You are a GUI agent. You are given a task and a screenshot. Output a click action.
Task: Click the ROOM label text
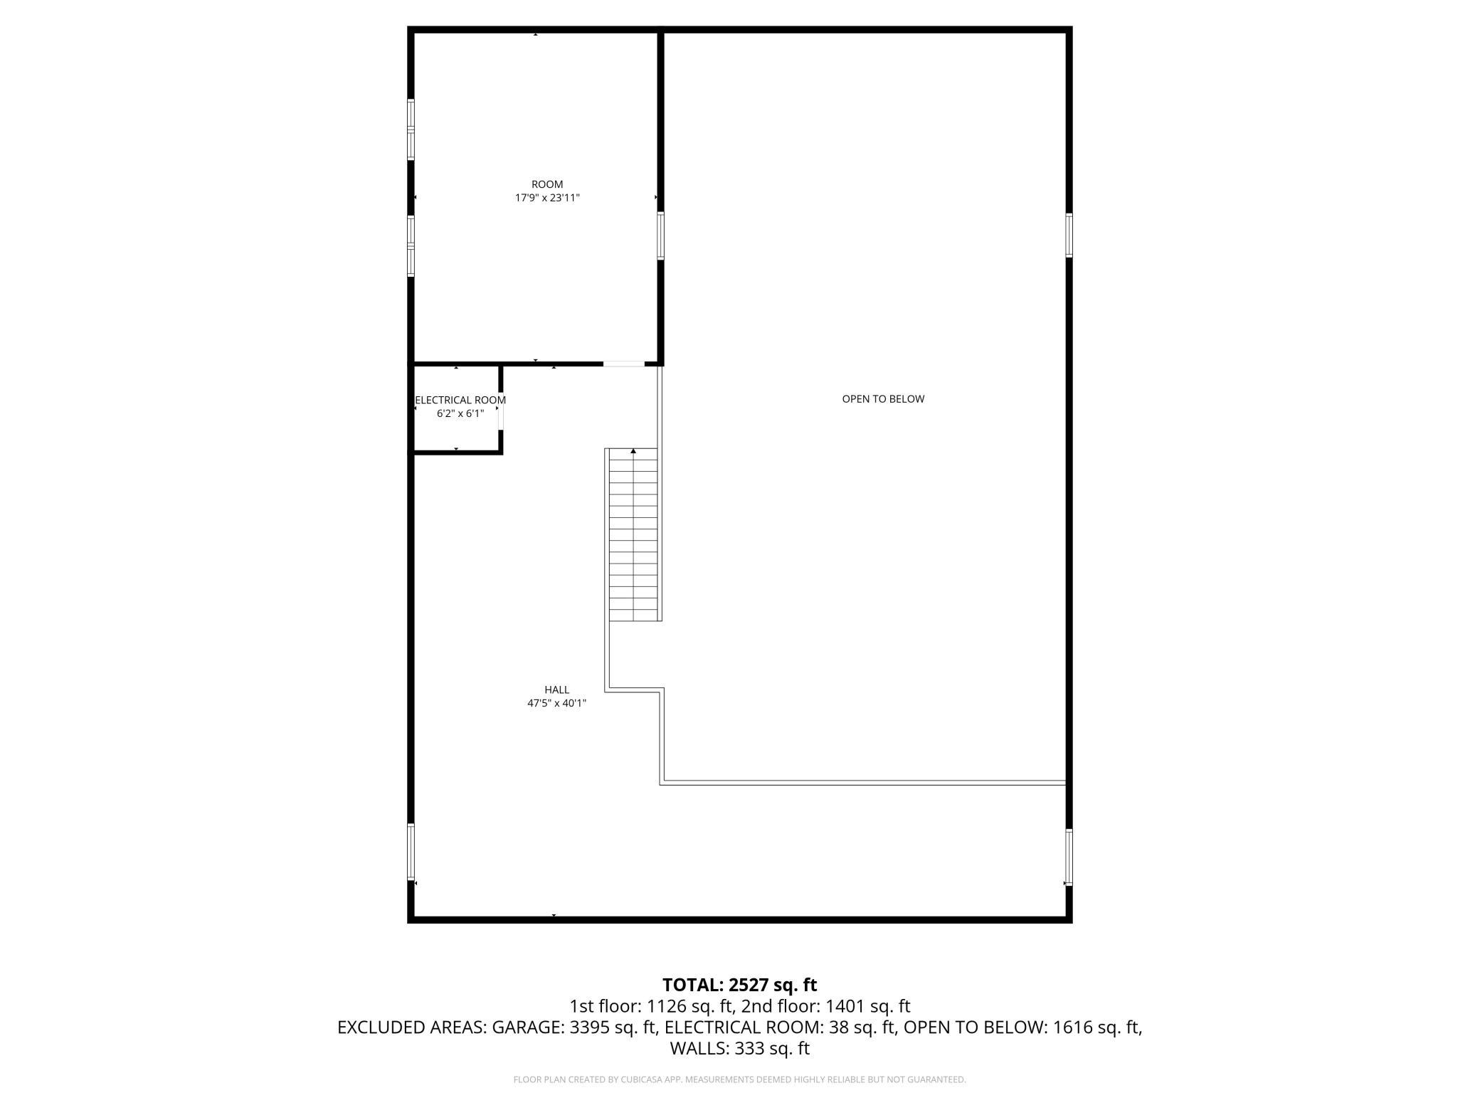tap(547, 184)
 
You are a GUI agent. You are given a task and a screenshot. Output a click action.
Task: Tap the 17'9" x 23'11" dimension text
tap(547, 198)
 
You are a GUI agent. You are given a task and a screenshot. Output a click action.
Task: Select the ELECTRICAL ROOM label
tap(460, 400)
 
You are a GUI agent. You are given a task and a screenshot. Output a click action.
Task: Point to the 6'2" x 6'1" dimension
tap(460, 413)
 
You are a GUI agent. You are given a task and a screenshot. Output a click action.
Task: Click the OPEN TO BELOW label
tap(883, 399)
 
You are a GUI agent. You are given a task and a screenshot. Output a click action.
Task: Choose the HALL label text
tap(556, 689)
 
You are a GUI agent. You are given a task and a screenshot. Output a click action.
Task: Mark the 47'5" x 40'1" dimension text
tap(556, 703)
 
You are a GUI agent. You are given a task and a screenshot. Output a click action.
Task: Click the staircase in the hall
tap(633, 535)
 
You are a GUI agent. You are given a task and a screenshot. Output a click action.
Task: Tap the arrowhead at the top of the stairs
tap(633, 451)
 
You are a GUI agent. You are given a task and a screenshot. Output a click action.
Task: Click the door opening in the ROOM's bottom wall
tap(624, 364)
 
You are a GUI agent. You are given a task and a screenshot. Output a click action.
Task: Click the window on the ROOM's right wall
tap(660, 236)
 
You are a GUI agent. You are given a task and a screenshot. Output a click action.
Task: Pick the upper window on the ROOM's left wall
tap(411, 129)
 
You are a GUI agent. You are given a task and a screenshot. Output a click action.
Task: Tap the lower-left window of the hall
tap(411, 852)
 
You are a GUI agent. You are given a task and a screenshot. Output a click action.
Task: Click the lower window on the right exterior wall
tap(1069, 857)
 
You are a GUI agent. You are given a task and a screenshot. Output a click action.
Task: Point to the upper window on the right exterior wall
tap(1069, 235)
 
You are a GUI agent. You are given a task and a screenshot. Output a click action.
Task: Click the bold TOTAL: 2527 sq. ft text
tap(739, 985)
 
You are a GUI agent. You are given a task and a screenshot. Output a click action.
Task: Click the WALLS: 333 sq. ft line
tap(739, 1048)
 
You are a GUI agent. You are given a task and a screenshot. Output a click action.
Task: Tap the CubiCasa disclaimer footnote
tap(739, 1079)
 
